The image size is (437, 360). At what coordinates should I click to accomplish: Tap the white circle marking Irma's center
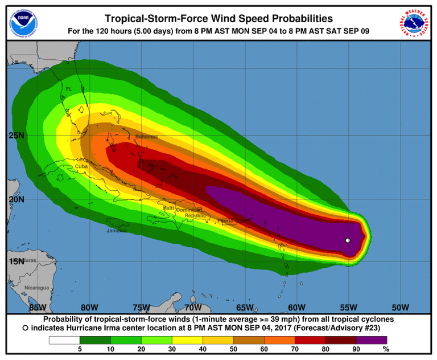(x=348, y=240)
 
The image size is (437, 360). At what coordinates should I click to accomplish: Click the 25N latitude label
(x=18, y=136)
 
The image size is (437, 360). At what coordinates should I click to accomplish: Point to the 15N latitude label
(x=18, y=261)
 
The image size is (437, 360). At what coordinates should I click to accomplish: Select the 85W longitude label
(x=38, y=308)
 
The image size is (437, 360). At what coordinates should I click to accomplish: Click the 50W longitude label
(x=401, y=308)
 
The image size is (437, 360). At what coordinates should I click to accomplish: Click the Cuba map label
(x=81, y=166)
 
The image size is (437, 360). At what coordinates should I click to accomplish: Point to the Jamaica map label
(x=117, y=231)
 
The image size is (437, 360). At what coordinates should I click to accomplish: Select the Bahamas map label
(x=146, y=137)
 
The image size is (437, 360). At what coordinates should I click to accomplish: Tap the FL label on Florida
(x=69, y=89)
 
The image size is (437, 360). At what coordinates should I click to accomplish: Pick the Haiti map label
(x=169, y=209)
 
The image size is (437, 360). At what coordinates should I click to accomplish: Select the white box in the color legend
(x=66, y=340)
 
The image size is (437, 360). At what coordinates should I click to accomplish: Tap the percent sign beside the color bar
(x=386, y=349)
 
